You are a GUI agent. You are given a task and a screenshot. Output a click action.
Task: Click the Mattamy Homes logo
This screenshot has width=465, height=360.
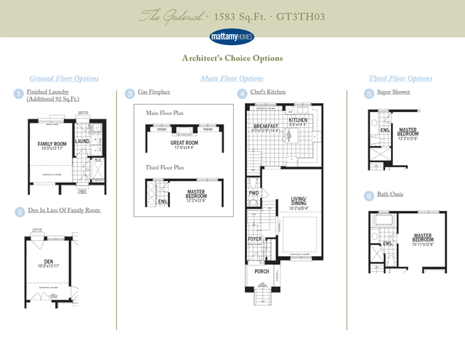click(232, 35)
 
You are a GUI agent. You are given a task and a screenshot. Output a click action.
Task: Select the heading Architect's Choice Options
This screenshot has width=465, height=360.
click(232, 58)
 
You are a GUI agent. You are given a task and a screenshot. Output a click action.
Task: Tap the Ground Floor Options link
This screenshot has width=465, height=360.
click(64, 79)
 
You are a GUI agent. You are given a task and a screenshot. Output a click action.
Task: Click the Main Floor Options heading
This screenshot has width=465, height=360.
click(232, 79)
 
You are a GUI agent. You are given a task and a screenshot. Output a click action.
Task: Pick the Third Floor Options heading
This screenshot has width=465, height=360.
click(400, 79)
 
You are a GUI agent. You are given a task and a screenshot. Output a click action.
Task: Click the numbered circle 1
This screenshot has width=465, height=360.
click(19, 93)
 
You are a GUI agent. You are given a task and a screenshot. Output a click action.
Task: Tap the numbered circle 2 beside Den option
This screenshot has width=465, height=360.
click(19, 212)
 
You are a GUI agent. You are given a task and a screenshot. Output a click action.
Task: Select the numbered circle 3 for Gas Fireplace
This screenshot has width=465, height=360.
click(129, 93)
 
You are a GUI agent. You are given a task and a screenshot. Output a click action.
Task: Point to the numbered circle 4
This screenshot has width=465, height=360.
click(241, 93)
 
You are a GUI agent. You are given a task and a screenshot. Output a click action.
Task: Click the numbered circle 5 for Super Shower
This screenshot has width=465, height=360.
click(369, 93)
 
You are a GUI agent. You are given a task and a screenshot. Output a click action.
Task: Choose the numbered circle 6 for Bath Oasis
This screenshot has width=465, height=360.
click(369, 196)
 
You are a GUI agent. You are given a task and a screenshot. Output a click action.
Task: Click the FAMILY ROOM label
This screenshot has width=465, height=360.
click(52, 144)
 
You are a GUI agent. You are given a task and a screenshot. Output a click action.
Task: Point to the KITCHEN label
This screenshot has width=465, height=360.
click(298, 120)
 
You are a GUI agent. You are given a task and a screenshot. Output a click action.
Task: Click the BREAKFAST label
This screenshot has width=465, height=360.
click(267, 127)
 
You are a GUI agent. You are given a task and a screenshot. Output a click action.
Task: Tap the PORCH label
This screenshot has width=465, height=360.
click(262, 271)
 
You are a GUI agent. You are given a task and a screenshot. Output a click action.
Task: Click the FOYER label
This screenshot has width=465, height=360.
click(255, 238)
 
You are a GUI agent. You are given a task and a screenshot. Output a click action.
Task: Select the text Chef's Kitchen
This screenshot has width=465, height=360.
click(268, 92)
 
